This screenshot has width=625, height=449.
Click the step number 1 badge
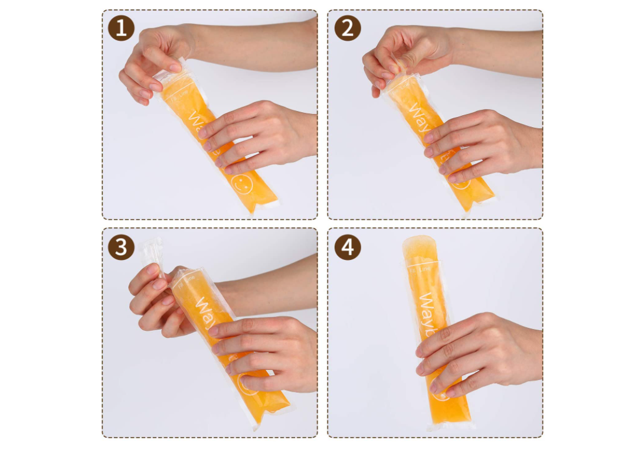click(x=121, y=28)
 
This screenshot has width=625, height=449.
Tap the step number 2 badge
click(x=348, y=28)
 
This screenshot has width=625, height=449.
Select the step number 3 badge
click(x=121, y=247)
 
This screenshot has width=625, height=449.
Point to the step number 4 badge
click(x=348, y=247)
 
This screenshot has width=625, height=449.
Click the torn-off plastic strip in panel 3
click(x=151, y=250)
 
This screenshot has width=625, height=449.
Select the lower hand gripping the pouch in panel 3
click(x=266, y=349)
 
